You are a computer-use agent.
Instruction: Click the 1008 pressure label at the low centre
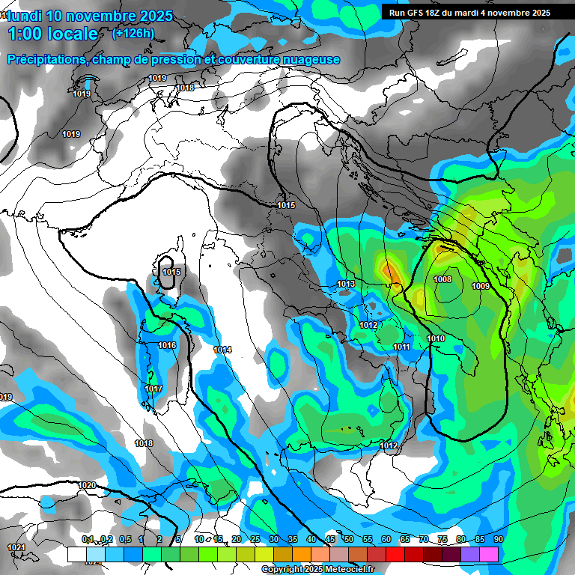pos(442,279)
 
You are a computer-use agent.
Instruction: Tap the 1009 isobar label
pos(481,286)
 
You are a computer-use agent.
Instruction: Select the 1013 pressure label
pos(346,284)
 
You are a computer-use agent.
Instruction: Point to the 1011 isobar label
pos(401,346)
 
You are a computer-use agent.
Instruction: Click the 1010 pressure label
pos(436,338)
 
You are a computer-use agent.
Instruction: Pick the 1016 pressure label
pos(167,345)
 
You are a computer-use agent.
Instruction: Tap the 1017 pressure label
pos(153,389)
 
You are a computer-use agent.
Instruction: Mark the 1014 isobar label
pos(222,350)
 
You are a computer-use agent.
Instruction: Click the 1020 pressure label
pos(87,485)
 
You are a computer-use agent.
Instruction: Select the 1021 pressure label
pos(16,547)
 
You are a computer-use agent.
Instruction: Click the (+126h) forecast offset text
pos(133,33)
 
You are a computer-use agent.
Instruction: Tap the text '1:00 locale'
pos(53,34)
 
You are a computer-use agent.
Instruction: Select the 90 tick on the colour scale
pos(498,539)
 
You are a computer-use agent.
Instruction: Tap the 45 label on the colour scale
pos(330,539)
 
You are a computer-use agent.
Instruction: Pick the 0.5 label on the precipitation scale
pos(124,539)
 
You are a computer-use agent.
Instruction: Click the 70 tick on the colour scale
pos(424,539)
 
